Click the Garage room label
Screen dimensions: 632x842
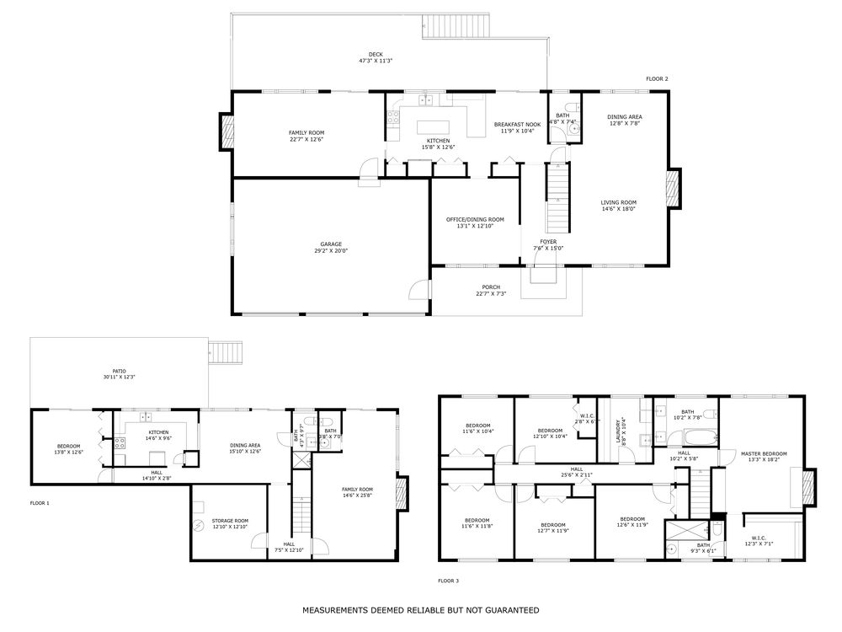coord(330,247)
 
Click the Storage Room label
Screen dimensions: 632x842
coord(229,523)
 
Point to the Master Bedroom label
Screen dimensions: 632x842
coord(764,457)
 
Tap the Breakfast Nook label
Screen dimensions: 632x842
coord(517,127)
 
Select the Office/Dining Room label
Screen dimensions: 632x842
coord(475,222)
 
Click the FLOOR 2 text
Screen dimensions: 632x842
coord(657,79)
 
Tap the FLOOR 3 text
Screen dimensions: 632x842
coord(448,581)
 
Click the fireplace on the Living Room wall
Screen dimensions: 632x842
coord(673,189)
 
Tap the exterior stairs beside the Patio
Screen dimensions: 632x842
coord(226,351)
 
